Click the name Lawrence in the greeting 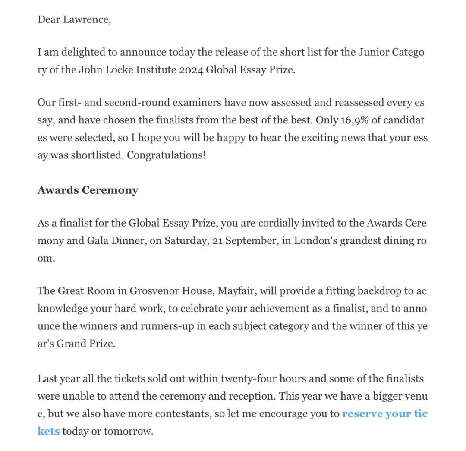(87, 20)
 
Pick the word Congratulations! (167, 155)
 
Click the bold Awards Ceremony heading (88, 190)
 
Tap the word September (251, 240)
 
